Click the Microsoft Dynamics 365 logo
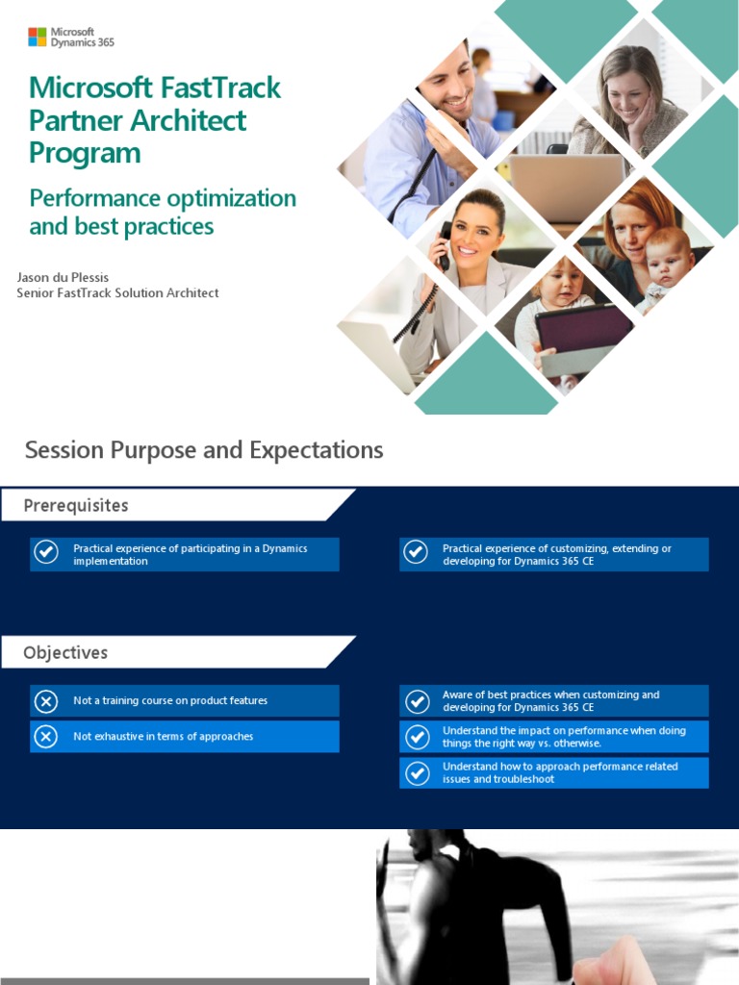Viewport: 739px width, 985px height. click(71, 38)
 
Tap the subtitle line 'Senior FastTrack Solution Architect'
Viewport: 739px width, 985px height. click(117, 292)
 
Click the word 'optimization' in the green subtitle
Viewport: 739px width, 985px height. click(235, 198)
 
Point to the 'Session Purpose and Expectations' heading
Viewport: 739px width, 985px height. click(204, 450)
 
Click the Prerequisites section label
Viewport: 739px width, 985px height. click(76, 506)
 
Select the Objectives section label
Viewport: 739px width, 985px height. click(65, 652)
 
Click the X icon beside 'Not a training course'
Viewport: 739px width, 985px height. click(45, 701)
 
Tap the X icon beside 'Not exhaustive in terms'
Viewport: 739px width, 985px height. click(45, 737)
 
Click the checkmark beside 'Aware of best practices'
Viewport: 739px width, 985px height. click(417, 701)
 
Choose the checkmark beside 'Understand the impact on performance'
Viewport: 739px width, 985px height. click(417, 737)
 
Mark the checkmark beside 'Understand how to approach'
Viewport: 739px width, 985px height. click(417, 773)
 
